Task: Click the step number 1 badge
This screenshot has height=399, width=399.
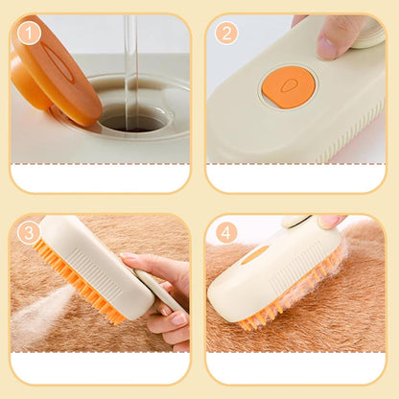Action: click(30, 34)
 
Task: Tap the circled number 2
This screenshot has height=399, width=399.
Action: click(226, 34)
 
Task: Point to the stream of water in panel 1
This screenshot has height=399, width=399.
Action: click(130, 62)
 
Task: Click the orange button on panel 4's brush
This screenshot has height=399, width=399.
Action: click(255, 254)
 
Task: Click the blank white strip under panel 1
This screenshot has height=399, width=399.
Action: click(100, 178)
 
